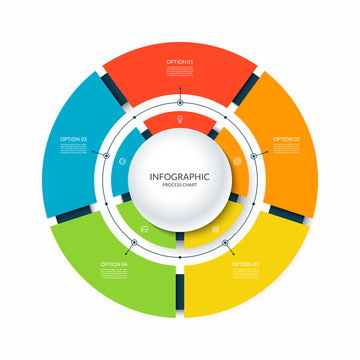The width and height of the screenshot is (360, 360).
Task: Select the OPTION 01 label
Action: point(180,62)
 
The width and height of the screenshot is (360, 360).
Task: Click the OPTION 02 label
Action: point(285,139)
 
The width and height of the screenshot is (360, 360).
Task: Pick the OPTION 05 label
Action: point(74,139)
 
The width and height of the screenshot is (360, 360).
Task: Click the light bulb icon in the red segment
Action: point(180,121)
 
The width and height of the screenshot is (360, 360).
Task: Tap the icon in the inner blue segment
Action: point(122,161)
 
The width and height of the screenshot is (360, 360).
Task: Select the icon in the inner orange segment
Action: point(237,161)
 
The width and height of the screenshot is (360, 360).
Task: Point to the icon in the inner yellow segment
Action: point(215,228)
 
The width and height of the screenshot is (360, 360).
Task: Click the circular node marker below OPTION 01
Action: point(180,101)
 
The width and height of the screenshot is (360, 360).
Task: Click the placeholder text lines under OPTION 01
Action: point(180,71)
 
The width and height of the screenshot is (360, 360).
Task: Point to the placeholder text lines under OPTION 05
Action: point(74,148)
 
